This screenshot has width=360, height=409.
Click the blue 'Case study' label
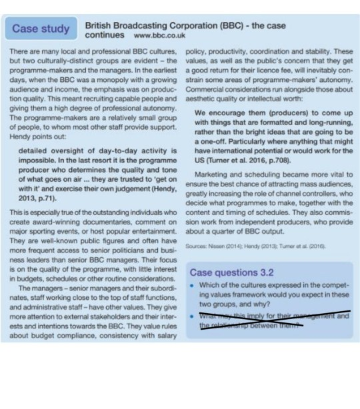click(x=41, y=29)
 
